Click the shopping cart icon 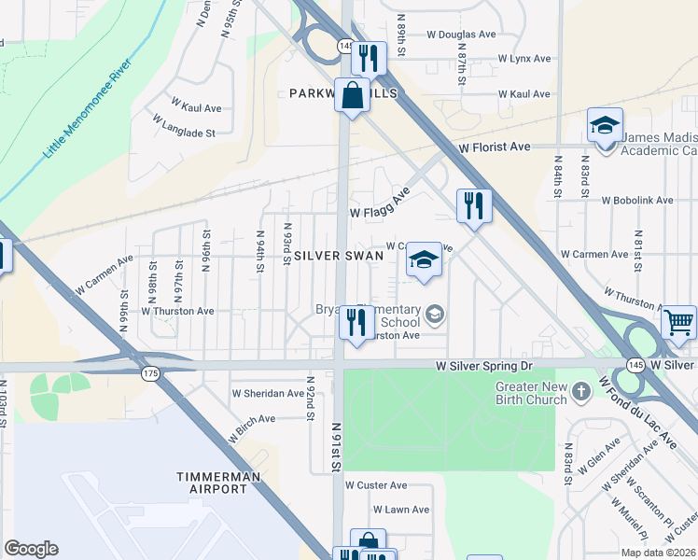click(678, 323)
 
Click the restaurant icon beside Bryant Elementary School click(356, 323)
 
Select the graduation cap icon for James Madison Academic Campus click(605, 125)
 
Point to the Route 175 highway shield click(150, 373)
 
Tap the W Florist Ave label click(494, 147)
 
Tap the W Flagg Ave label click(380, 205)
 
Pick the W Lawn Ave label click(401, 510)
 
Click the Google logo click(32, 549)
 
